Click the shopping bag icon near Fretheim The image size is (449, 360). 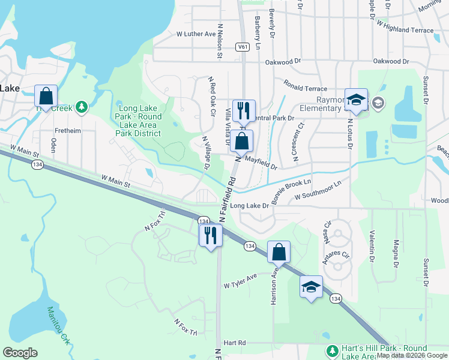coord(46,96)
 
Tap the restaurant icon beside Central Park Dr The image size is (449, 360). coord(243,110)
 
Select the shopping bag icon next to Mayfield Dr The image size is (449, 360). coord(241,142)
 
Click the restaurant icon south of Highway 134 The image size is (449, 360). coord(210,235)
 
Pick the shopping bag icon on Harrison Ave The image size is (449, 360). coord(279,252)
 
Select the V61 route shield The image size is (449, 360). coord(243,46)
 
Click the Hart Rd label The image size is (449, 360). coord(235,343)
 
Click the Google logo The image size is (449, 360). coord(20,353)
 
